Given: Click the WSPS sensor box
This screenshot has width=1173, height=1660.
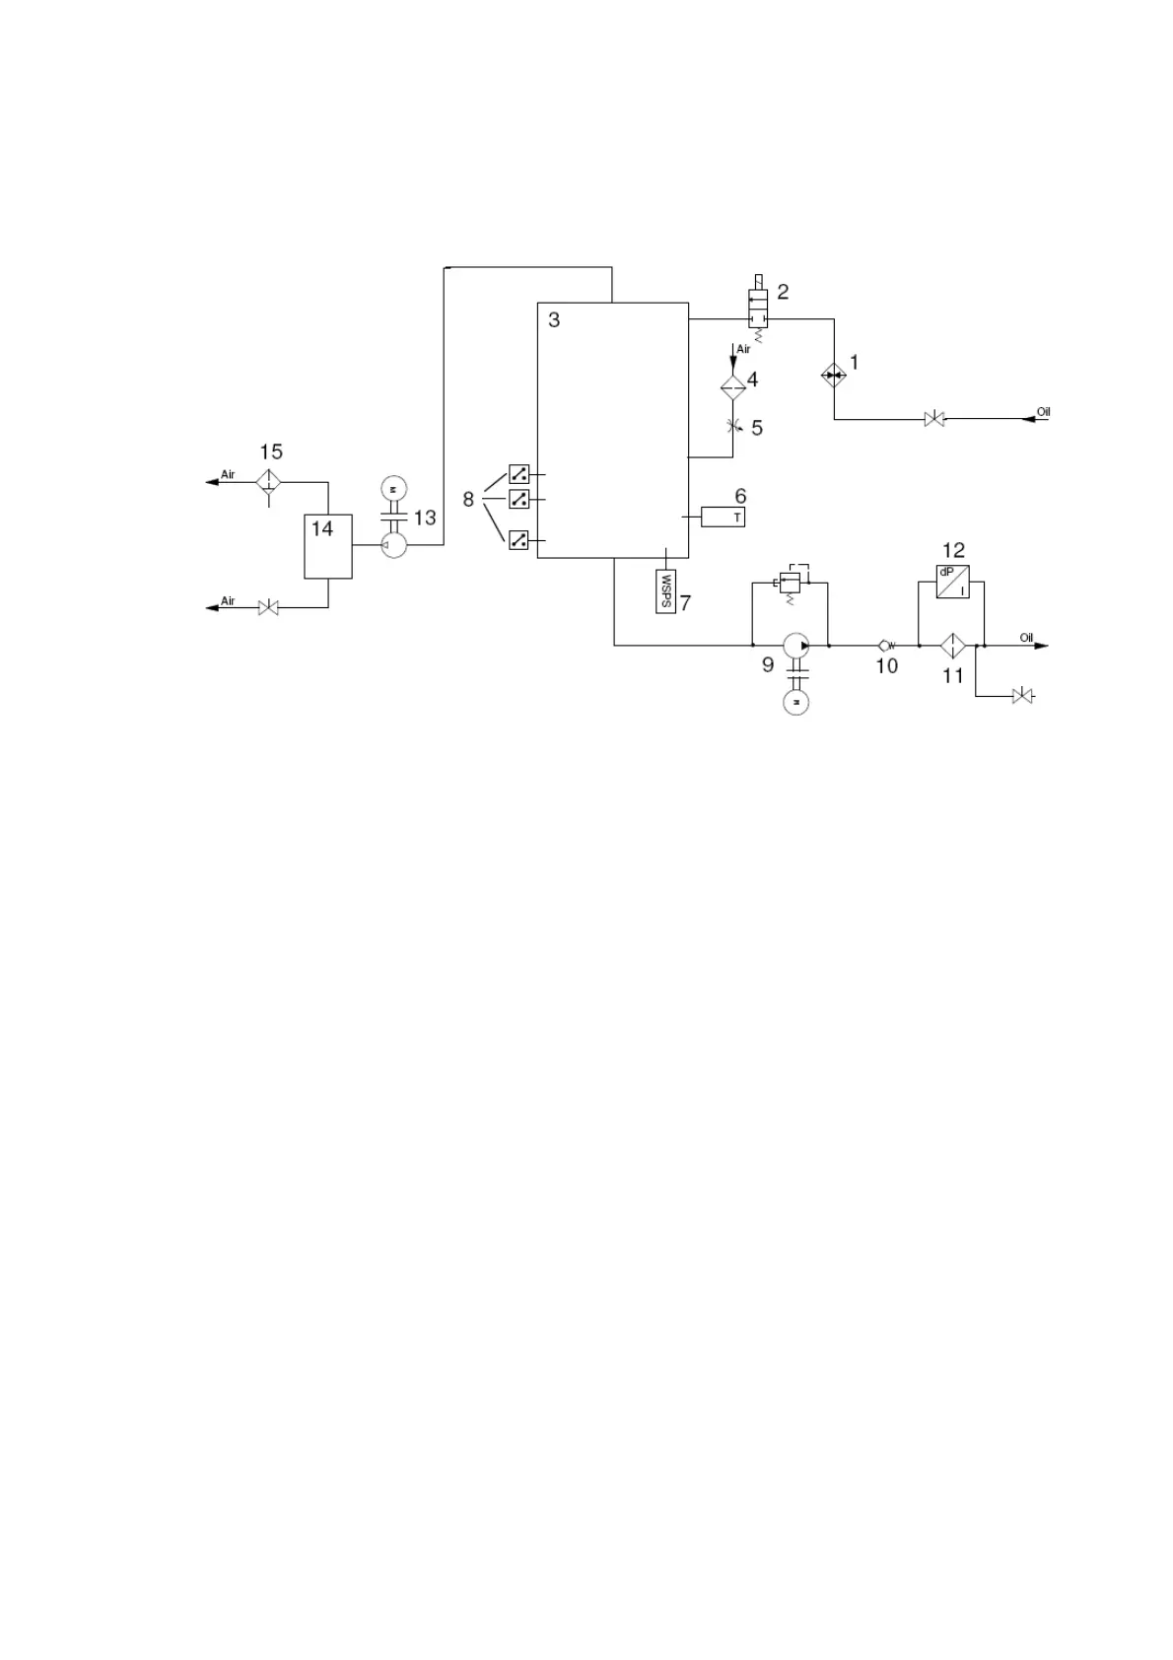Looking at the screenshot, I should (666, 590).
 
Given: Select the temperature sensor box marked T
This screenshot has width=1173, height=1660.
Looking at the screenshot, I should (723, 517).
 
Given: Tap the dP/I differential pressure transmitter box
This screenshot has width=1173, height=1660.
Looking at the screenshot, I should (952, 582).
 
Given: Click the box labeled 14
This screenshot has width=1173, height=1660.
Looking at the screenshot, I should (327, 546).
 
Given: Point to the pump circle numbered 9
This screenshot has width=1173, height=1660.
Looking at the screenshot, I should (795, 646).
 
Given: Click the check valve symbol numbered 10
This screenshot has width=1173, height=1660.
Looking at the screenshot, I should (885, 646).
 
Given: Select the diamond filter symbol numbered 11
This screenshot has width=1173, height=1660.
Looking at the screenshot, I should (952, 646).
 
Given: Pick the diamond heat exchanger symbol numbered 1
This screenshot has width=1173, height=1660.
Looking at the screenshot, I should (833, 375).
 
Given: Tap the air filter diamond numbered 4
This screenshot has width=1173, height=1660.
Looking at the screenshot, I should (732, 385).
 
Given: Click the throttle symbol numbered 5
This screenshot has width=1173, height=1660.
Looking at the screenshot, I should (732, 426).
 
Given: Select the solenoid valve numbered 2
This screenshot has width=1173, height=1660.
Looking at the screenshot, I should (758, 310).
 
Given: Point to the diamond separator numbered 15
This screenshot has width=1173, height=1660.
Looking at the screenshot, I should (268, 482).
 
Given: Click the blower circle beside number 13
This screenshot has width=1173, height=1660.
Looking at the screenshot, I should (393, 545).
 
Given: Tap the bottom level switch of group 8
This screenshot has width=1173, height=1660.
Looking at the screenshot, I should (518, 539).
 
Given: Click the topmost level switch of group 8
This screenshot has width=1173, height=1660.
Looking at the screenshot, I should (518, 474).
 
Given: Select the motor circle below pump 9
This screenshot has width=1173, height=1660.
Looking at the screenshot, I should (795, 702).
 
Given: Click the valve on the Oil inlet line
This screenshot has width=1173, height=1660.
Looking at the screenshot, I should (932, 419).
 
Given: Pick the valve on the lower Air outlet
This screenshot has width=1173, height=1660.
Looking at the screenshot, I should (268, 608).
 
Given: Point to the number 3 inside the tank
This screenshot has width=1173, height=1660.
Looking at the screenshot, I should (554, 320).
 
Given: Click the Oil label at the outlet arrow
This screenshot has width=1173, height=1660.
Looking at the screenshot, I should (1026, 638).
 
